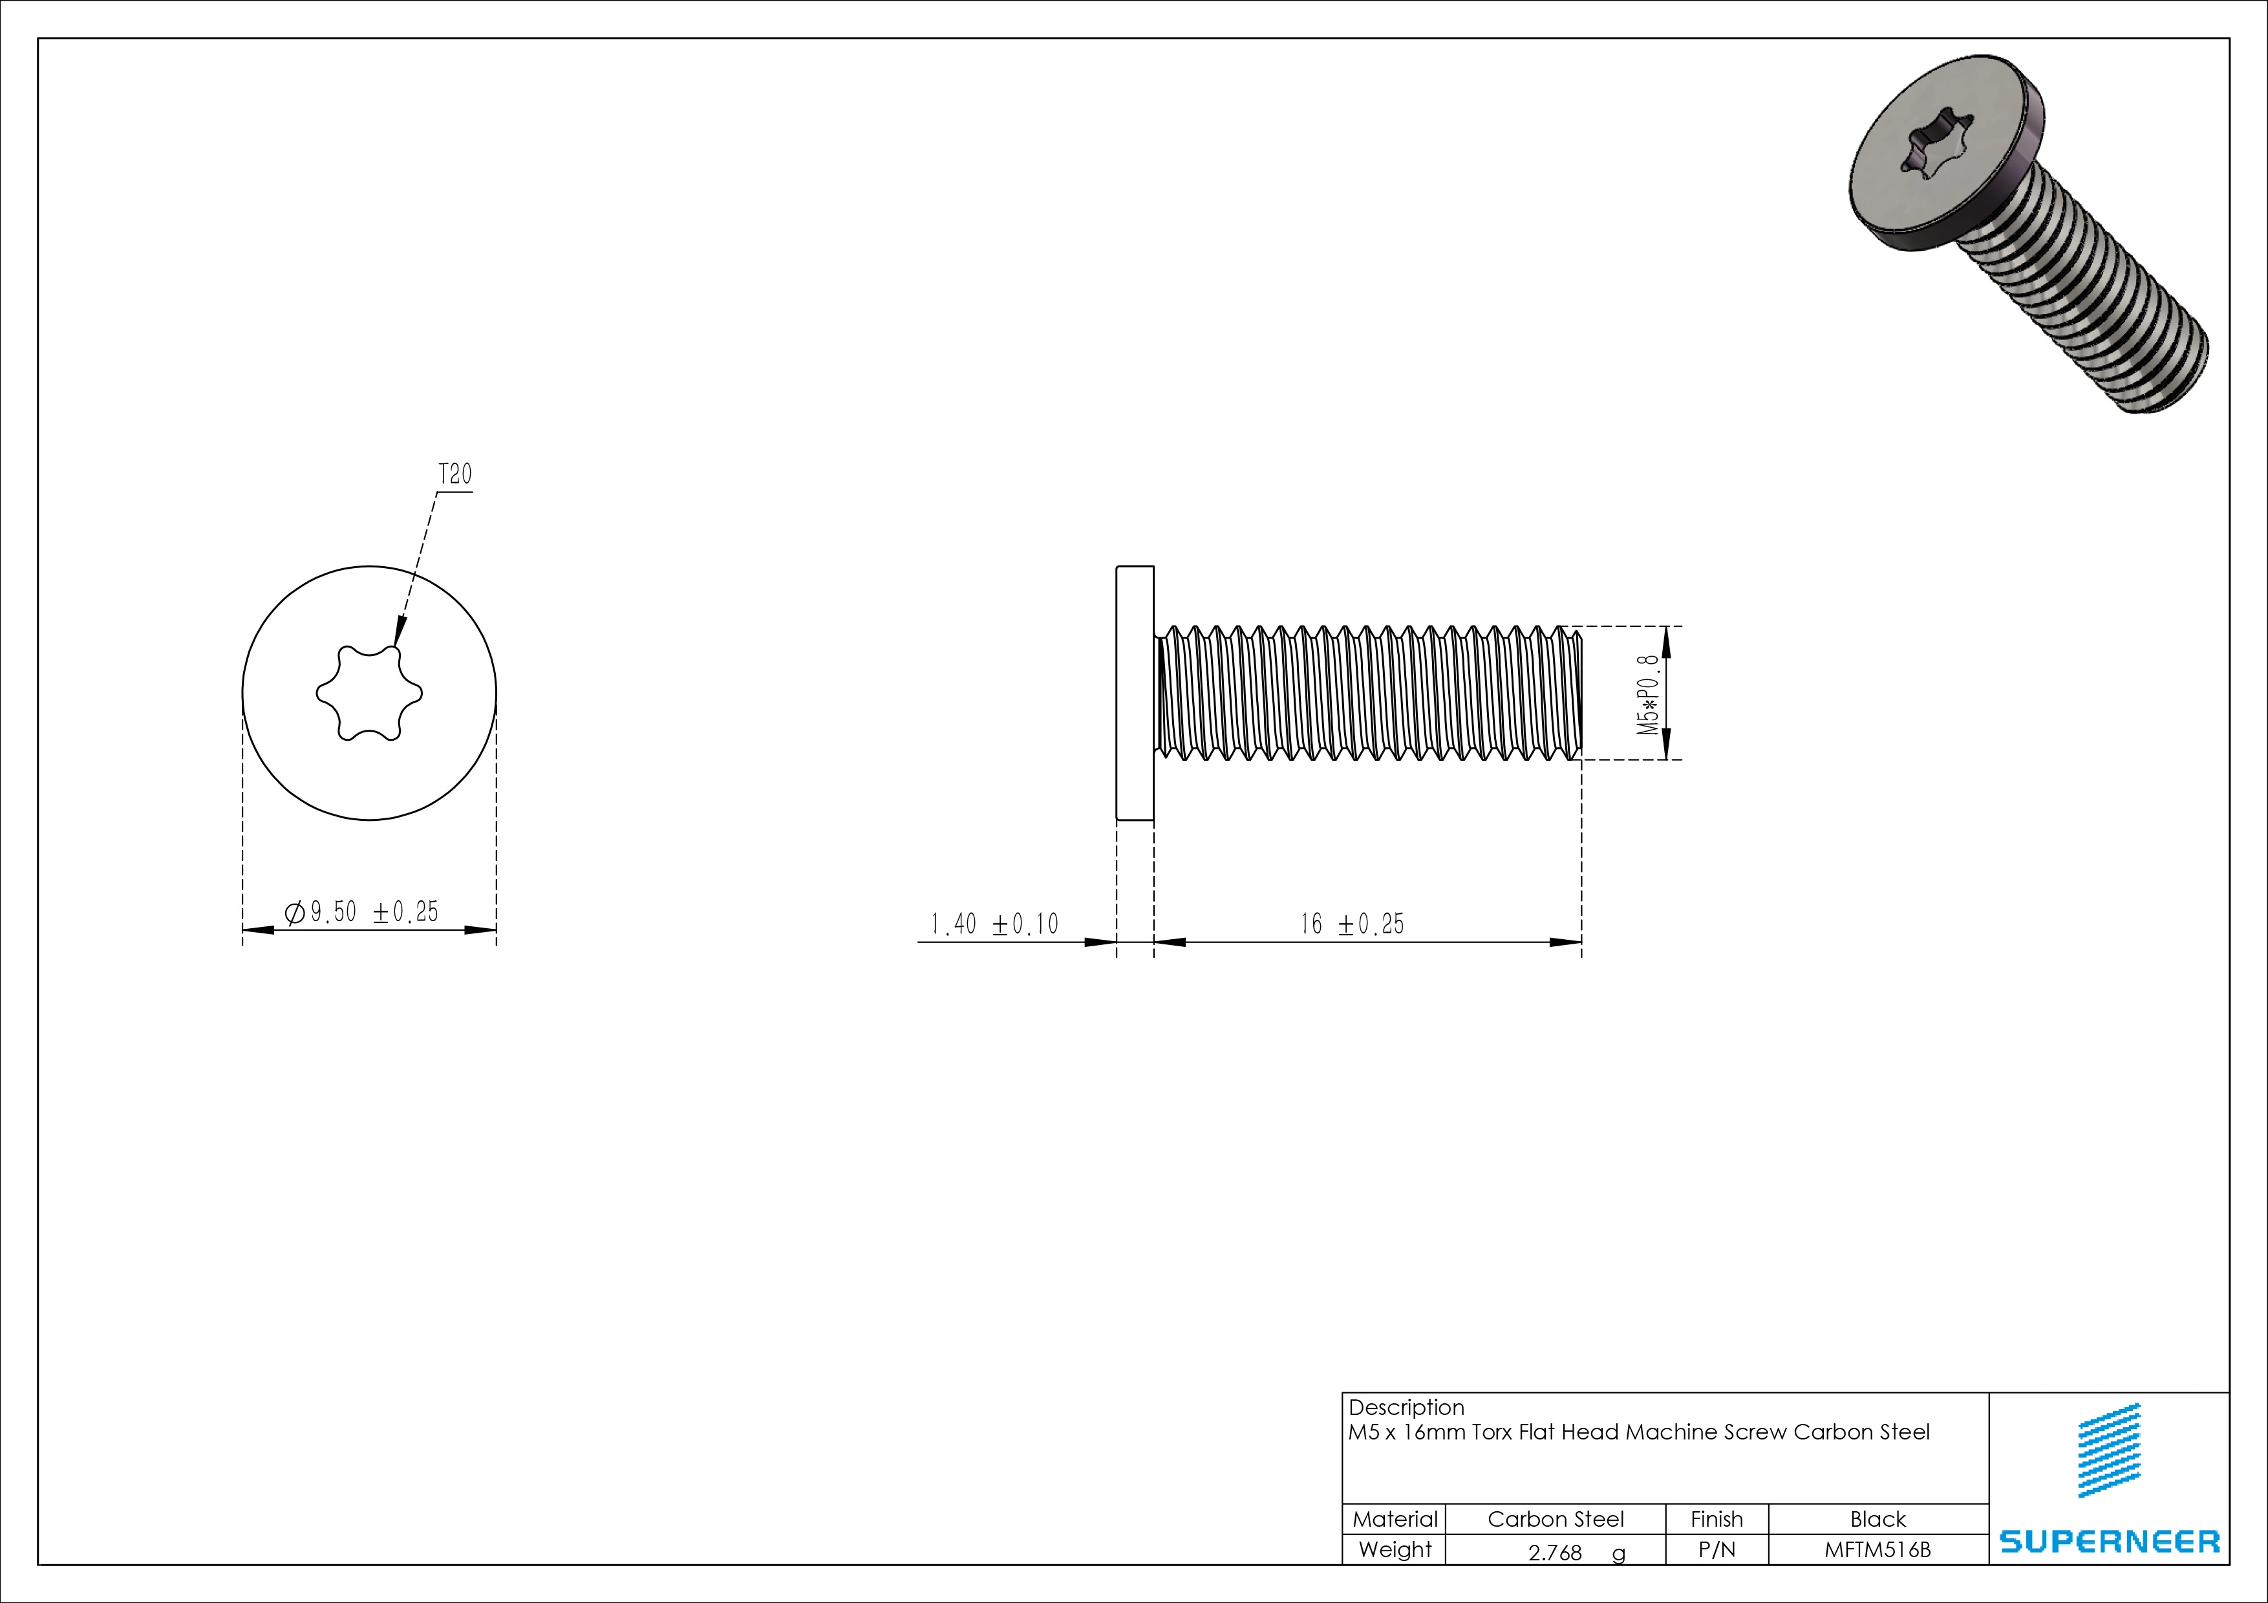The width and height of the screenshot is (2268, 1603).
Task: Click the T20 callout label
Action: coord(455,475)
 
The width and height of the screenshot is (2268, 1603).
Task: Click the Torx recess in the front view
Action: coord(369,694)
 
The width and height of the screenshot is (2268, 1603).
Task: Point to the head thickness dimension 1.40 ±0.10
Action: coord(994,924)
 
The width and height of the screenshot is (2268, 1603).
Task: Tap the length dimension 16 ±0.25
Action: coord(1351,924)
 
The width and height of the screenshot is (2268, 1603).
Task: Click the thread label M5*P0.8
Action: coord(1647,694)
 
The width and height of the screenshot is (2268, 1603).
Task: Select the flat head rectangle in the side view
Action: coord(1135,694)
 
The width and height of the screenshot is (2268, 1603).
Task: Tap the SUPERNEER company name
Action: coord(2109,1542)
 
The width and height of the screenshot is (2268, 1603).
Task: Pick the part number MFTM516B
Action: coord(1877,1549)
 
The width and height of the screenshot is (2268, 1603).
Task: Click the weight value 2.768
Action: coord(1555,1553)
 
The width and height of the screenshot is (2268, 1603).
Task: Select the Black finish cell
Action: coord(1877,1519)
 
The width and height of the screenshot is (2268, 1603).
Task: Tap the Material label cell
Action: coord(1395,1519)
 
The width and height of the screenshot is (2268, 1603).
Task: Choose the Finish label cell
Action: coord(1716,1519)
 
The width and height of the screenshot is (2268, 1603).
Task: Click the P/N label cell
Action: coord(1716,1549)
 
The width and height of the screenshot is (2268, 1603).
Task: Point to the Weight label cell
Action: coord(1395,1549)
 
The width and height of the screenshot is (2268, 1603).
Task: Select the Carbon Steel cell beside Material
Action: coord(1555,1519)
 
